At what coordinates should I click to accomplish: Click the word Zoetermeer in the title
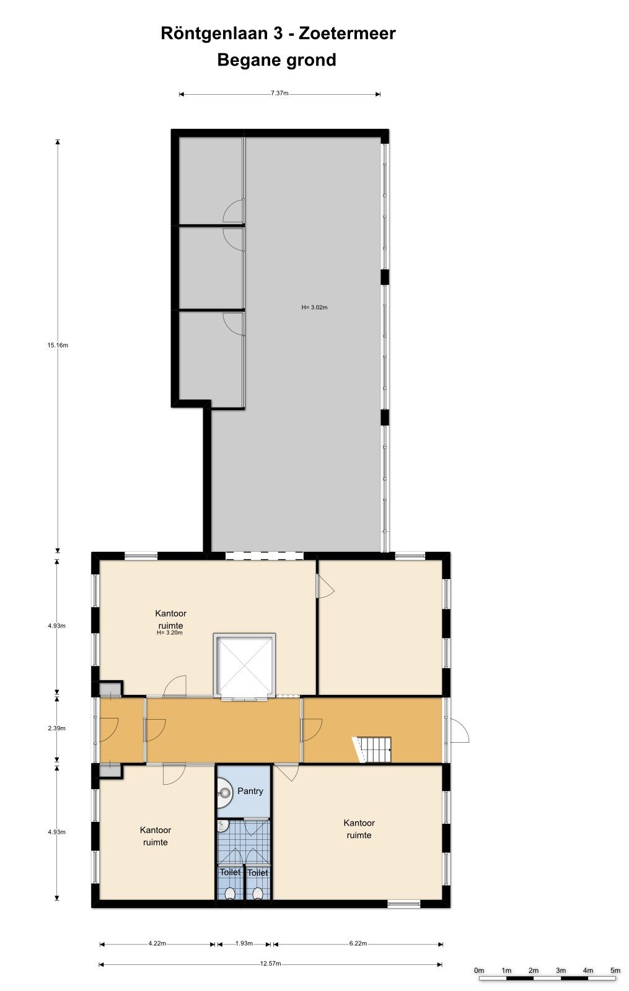point(347,33)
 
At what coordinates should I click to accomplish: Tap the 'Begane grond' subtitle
point(276,60)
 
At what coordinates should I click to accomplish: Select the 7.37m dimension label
point(279,94)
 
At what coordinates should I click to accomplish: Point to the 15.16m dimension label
point(58,346)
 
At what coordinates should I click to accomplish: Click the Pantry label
point(250,791)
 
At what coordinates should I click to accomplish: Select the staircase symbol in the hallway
point(376,749)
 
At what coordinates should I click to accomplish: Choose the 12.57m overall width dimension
point(270,964)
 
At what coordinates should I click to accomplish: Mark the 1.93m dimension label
point(244,944)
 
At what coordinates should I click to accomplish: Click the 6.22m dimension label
point(358,944)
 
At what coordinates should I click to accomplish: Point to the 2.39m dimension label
point(57,728)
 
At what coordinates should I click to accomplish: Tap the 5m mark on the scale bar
point(615,970)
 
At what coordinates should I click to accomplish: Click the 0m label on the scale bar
point(479,970)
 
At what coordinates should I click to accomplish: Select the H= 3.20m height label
point(170,633)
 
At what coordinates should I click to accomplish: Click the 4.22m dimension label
point(157,944)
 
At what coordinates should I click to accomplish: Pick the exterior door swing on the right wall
point(459,731)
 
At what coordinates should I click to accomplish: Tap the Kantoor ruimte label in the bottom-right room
point(359,829)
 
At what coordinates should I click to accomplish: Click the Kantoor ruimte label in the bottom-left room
point(156,836)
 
